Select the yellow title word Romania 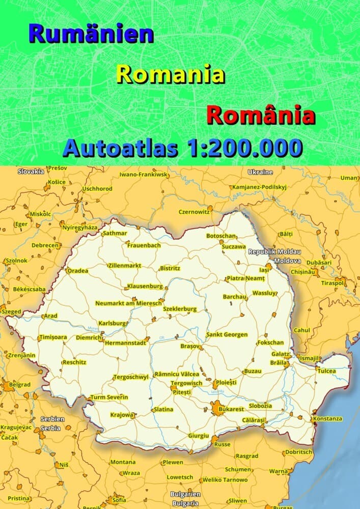pos(171,74)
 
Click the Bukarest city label pos(231,409)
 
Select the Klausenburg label pos(145,286)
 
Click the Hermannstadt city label pos(125,343)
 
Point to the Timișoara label pos(52,337)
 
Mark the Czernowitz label pos(194,212)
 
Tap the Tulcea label pos(327,371)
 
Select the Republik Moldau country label pos(274,252)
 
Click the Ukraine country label pos(260,172)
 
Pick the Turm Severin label pos(109,397)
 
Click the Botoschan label pos(221,236)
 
